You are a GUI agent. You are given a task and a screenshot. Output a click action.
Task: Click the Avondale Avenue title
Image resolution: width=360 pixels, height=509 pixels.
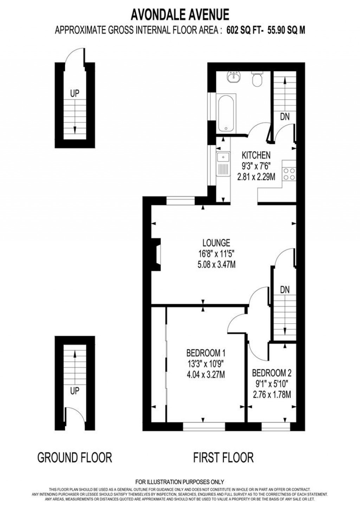tap(180, 15)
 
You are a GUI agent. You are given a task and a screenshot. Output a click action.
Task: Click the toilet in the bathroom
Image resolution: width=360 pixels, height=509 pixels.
tap(257, 79)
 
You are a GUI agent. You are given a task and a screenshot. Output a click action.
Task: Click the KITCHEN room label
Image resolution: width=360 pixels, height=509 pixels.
tap(256, 155)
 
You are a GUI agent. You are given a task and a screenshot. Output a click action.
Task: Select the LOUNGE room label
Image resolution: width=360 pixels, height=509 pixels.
tap(216, 243)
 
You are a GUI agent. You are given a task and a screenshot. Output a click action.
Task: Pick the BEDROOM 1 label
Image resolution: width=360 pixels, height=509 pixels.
tap(206, 352)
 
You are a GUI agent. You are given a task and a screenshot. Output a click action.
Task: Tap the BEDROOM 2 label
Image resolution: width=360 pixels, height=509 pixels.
tap(272, 373)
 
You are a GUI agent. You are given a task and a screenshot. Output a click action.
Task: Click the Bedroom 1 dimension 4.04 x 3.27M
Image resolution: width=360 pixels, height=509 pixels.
tap(206, 375)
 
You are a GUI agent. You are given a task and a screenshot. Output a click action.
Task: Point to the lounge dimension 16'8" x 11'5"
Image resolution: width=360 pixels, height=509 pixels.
tap(216, 254)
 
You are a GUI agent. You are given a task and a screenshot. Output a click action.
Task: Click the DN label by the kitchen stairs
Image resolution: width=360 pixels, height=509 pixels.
tap(285, 116)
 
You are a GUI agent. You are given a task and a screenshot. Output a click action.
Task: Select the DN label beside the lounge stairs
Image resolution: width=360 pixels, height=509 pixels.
tap(285, 290)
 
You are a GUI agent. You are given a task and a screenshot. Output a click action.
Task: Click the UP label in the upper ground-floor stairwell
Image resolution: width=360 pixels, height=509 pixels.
tap(75, 94)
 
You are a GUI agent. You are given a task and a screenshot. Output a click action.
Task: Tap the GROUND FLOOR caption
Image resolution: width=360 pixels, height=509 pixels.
tap(75, 458)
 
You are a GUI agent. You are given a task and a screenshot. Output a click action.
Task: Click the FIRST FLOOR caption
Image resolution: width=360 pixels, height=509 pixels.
tap(223, 458)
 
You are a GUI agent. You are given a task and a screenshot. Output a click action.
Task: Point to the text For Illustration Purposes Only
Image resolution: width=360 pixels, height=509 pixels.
tap(180, 482)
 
